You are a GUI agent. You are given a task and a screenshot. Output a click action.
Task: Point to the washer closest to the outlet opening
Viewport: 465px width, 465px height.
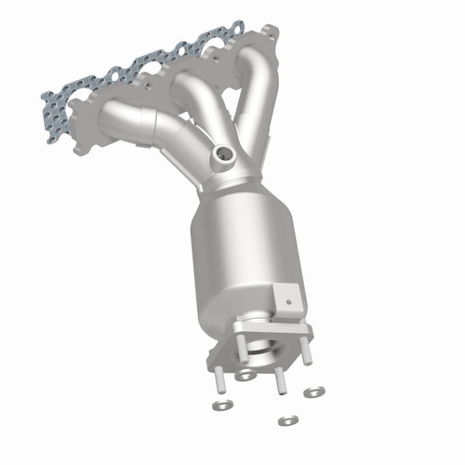tap(246, 375)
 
